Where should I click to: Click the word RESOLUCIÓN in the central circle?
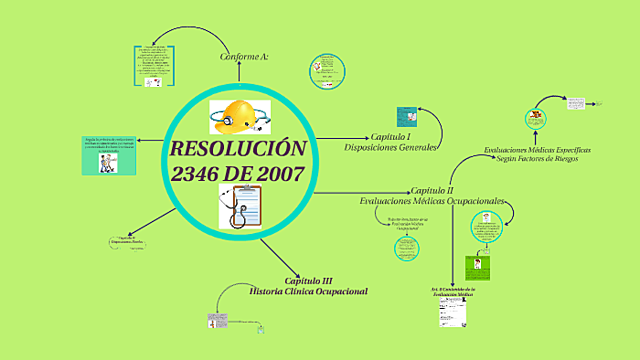(x=237, y=150)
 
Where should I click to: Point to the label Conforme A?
(x=244, y=57)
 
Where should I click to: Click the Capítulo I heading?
(x=391, y=136)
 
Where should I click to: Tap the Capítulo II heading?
(x=432, y=190)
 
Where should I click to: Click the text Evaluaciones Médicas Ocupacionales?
(x=432, y=201)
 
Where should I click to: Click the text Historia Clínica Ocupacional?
(x=308, y=291)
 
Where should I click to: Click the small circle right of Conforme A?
(x=326, y=71)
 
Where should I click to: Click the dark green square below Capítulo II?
(x=478, y=266)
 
